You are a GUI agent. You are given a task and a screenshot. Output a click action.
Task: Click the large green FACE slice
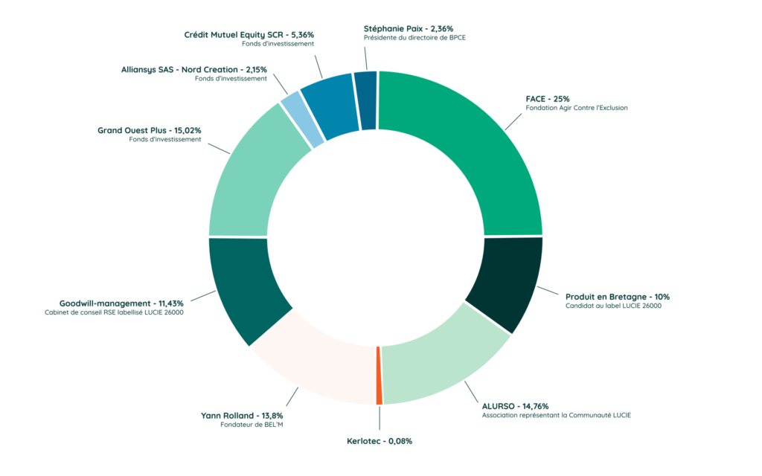coord(476,149)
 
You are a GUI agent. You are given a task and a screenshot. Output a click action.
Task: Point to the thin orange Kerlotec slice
coord(380,376)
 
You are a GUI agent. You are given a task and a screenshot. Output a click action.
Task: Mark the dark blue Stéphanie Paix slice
coord(365,100)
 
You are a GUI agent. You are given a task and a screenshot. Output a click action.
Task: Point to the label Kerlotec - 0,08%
coord(380,441)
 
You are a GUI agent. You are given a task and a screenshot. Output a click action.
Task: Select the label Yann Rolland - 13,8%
coord(242,415)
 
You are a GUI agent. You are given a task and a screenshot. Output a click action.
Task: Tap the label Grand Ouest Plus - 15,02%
coord(149,130)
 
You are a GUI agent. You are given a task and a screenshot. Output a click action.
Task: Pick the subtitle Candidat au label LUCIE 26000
coord(613,306)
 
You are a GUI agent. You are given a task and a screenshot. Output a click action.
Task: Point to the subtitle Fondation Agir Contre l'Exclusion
coord(577,108)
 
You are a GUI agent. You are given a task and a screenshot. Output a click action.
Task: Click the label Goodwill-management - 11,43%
coord(121,303)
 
